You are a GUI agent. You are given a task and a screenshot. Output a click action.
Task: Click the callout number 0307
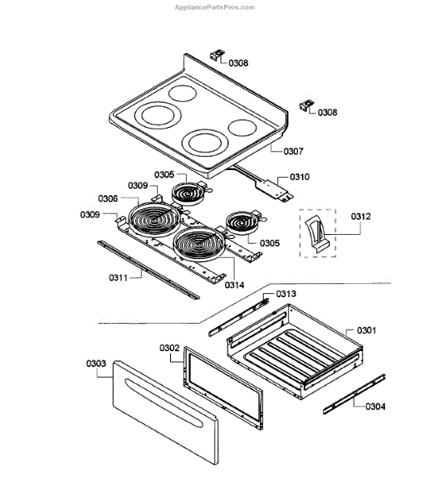click(293, 151)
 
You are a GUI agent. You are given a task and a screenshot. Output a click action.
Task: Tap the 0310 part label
click(300, 177)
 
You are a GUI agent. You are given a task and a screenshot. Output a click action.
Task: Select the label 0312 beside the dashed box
click(360, 217)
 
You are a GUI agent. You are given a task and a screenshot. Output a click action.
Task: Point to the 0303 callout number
click(96, 363)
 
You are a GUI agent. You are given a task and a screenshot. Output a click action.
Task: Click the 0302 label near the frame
click(169, 348)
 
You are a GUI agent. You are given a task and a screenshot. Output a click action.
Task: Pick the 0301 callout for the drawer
click(366, 330)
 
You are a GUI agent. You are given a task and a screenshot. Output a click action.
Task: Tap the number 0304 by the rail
click(375, 406)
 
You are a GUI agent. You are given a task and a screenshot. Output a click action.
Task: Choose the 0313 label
click(286, 294)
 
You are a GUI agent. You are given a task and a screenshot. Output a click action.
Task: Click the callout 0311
click(118, 277)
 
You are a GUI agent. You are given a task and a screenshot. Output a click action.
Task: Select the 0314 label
click(234, 285)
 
